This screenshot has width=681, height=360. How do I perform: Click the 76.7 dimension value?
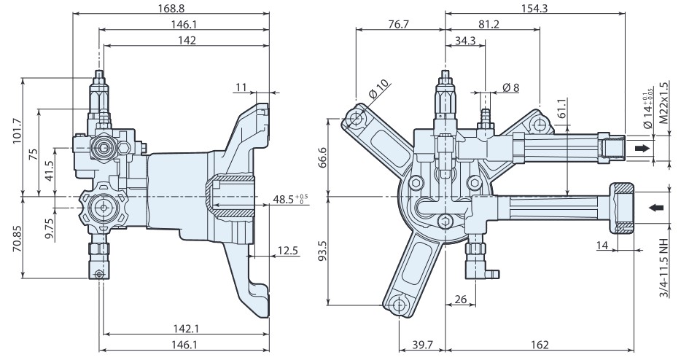[x=399, y=23]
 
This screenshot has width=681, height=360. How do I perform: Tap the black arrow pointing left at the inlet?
[x=656, y=208]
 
